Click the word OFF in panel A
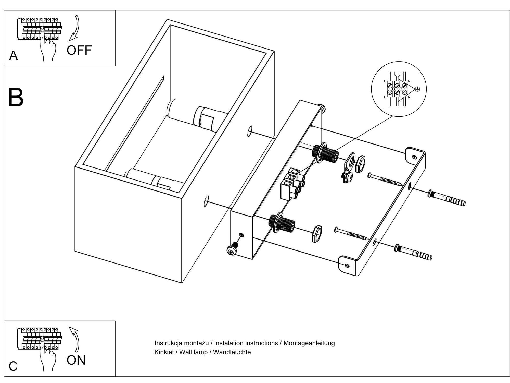pos(79,50)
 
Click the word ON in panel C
pos(76,360)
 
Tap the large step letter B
pos(16,98)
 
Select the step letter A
pos(14,55)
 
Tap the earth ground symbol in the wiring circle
pos(417,89)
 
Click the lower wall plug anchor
pos(413,252)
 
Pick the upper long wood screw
pos(385,179)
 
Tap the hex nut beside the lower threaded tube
pos(317,233)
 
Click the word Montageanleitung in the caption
pos(309,343)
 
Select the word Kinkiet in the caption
pos(164,352)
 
